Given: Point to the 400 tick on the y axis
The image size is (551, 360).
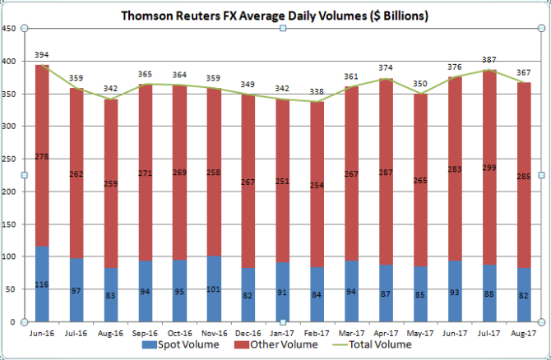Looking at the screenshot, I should (x=10, y=62).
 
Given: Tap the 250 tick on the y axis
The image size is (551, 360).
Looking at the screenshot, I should (x=10, y=159).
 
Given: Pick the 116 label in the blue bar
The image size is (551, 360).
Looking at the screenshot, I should (x=41, y=284).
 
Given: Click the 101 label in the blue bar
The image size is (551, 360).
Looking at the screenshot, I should (x=214, y=288).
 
